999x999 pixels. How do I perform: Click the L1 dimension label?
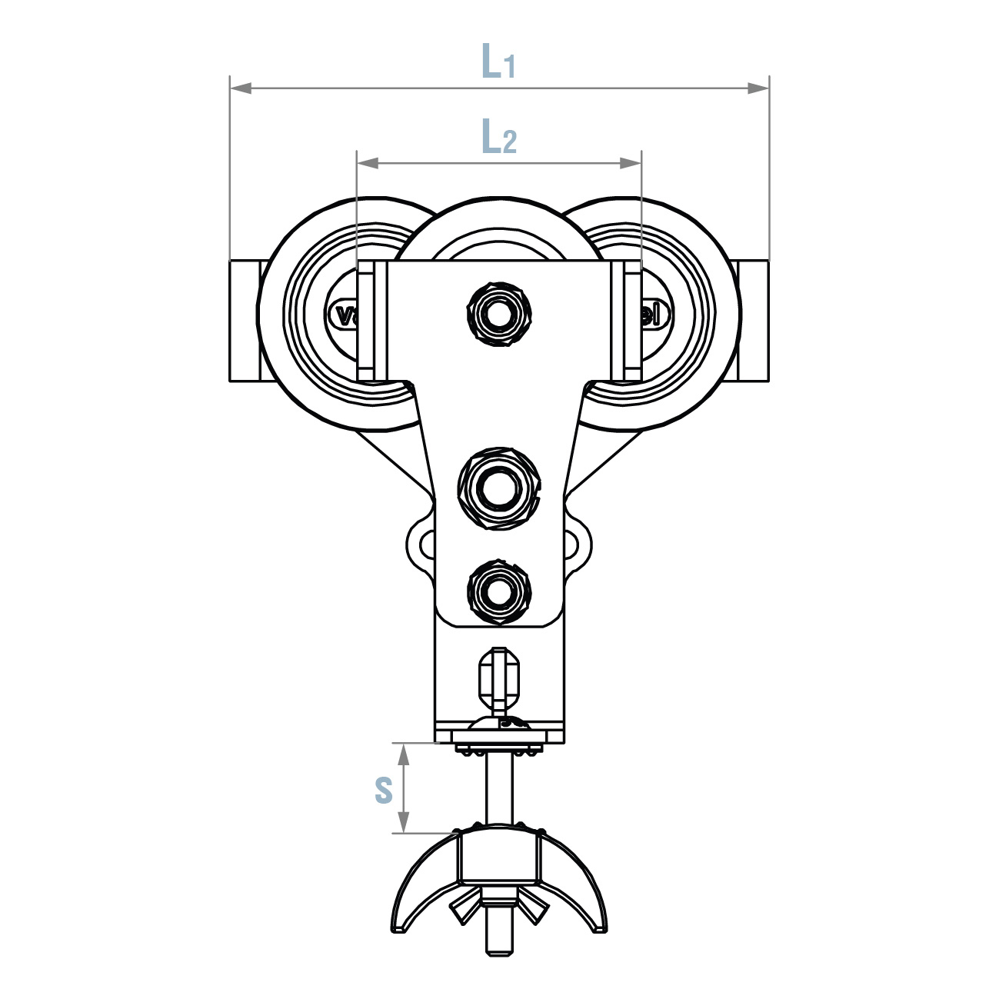498,62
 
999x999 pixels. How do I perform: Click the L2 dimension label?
498,138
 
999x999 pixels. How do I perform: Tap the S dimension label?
384,790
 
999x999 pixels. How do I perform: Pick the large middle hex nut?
499,487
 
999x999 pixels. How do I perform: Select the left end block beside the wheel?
244,321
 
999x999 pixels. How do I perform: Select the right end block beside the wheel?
753,321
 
